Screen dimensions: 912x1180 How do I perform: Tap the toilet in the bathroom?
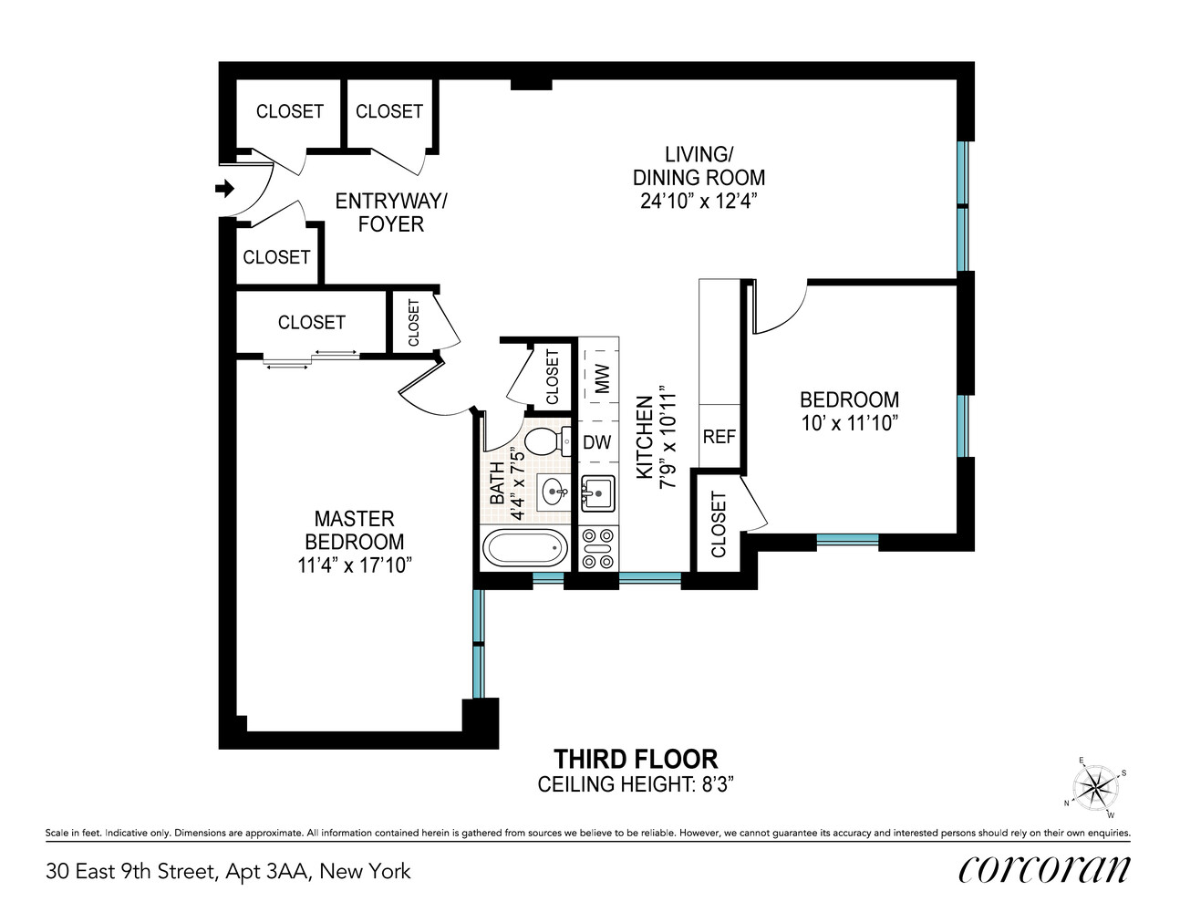[x=544, y=442]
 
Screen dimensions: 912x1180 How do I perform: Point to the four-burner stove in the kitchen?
[x=598, y=550]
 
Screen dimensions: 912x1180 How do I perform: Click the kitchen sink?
[x=597, y=493]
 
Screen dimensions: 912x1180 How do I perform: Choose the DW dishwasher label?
[x=597, y=442]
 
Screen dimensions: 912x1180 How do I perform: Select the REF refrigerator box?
[x=719, y=437]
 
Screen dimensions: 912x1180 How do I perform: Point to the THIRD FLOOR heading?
[x=636, y=759]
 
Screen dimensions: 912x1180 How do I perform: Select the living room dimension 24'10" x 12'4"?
[x=699, y=201]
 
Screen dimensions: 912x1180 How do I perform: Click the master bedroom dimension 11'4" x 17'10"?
[x=355, y=565]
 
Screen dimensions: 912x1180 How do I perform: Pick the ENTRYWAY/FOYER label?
[x=391, y=212]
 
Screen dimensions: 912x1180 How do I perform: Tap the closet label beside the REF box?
[x=718, y=524]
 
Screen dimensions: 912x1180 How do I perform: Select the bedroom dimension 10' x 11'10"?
[x=849, y=423]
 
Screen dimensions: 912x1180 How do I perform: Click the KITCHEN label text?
[x=645, y=437]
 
